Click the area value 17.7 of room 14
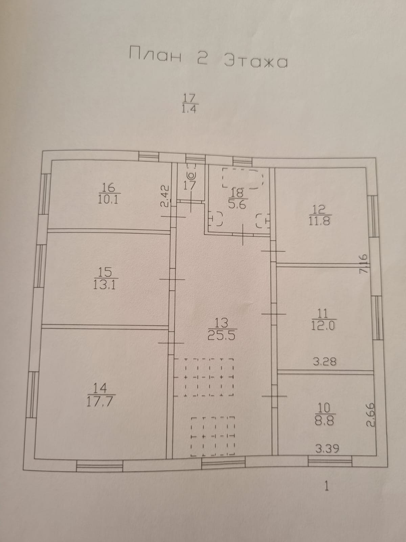coord(100,401)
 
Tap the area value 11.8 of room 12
coord(319,221)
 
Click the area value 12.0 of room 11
coord(323,326)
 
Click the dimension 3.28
coord(325,361)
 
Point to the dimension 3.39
coord(327,449)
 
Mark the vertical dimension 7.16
coord(363,264)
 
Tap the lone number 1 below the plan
coord(326,486)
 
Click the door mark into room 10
coord(274,396)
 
